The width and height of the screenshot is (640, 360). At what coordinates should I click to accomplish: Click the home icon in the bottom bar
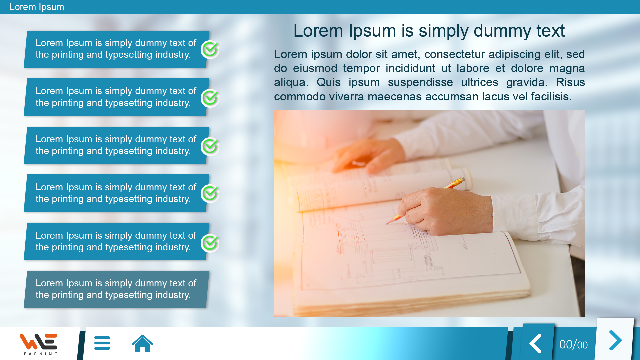tap(142, 343)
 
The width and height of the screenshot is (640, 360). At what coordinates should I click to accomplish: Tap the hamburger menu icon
tap(102, 343)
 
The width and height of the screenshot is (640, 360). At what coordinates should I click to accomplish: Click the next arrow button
tap(615, 340)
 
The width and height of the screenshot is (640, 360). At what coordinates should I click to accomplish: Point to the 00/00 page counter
tap(573, 345)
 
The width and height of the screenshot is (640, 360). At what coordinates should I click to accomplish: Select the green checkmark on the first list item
tap(210, 49)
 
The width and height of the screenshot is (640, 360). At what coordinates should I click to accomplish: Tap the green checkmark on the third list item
tap(210, 146)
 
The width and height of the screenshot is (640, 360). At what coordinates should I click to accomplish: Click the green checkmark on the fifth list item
tap(210, 243)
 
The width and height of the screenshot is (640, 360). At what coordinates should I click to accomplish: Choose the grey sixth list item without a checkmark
tap(116, 289)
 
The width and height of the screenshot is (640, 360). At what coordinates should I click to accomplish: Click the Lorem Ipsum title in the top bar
tap(37, 7)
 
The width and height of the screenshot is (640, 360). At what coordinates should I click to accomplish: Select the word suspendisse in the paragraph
tap(420, 82)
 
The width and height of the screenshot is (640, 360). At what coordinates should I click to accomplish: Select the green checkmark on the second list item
tap(210, 98)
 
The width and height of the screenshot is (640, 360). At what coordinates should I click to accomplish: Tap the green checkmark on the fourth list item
tap(210, 193)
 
